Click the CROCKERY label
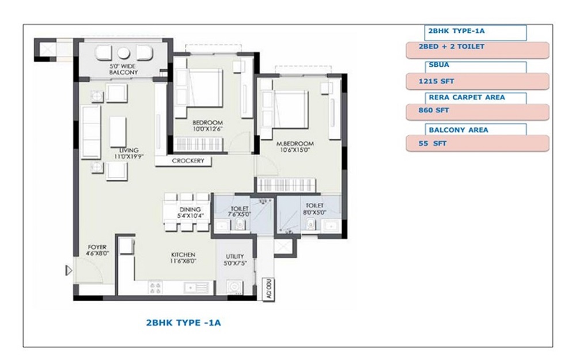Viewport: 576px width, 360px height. [188, 161]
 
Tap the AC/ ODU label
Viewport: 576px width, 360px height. [269, 289]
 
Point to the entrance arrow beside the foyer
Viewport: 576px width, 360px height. [69, 270]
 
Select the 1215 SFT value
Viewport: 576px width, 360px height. [436, 81]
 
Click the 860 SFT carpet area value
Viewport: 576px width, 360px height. [434, 110]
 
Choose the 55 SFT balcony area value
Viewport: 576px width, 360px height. [433, 143]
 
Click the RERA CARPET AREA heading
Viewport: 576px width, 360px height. [467, 97]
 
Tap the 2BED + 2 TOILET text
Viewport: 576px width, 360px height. [452, 47]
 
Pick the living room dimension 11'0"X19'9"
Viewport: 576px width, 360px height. [128, 156]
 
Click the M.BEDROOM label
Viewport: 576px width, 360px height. [294, 143]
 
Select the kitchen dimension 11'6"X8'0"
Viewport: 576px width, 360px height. [183, 261]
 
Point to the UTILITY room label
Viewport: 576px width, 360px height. [235, 256]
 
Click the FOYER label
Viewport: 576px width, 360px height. [97, 247]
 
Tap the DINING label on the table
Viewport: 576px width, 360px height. [190, 210]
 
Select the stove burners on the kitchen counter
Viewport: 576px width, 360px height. [155, 287]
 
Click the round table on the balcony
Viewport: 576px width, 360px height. [123, 53]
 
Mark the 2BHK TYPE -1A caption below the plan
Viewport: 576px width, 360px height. [184, 323]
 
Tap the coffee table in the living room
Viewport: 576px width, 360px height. [118, 131]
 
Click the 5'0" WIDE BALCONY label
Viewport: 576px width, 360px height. [123, 69]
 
